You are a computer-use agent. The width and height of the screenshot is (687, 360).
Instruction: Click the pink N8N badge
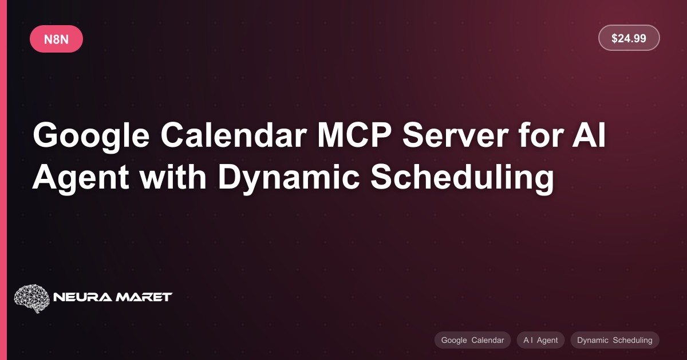tap(56, 39)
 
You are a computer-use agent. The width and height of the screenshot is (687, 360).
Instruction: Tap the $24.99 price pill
tap(629, 38)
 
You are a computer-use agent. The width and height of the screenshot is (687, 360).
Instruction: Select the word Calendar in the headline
tap(234, 135)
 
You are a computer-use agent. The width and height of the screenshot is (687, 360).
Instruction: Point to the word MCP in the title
tap(354, 135)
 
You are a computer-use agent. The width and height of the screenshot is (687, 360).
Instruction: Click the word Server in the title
tap(456, 135)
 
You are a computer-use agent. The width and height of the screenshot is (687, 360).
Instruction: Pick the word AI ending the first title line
tap(589, 135)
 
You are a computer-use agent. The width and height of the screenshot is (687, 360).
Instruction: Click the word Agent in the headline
tap(81, 179)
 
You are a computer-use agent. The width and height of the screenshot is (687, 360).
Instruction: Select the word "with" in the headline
tap(173, 177)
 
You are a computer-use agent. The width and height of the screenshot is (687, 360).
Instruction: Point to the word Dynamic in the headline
tap(289, 179)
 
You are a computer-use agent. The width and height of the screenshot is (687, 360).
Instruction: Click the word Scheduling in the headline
tap(462, 179)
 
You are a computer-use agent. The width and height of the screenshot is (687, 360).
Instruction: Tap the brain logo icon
tap(31, 298)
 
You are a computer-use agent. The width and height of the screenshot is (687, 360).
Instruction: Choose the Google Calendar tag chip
tap(472, 340)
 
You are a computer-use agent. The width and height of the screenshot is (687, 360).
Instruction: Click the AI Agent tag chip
tap(540, 340)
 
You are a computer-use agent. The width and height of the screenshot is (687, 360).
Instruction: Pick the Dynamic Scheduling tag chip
tap(615, 340)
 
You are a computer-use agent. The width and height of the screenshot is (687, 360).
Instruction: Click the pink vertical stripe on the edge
tap(3, 180)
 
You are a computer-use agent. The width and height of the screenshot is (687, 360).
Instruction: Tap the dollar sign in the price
tap(614, 38)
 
